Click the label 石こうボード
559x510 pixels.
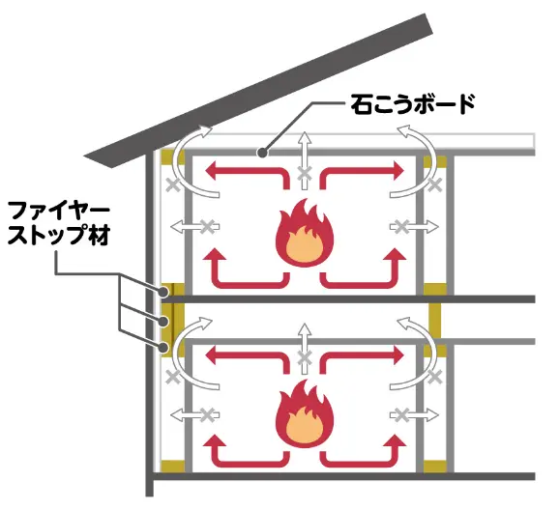pyautogui.click(x=412, y=104)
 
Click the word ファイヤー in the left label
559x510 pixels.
pyautogui.click(x=59, y=211)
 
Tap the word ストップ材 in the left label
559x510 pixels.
pyautogui.click(x=59, y=235)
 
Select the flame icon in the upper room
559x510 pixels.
pyautogui.click(x=304, y=233)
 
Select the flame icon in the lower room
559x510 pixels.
pyautogui.click(x=304, y=413)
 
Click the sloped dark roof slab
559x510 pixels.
pyautogui.click(x=258, y=91)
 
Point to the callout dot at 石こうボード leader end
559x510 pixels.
pyautogui.click(x=262, y=154)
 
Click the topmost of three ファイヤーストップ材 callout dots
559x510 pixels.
pyautogui.click(x=163, y=293)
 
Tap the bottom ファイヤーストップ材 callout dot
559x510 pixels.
pyautogui.click(x=163, y=347)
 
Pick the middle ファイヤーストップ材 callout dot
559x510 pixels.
pyautogui.click(x=163, y=322)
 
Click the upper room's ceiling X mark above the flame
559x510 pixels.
pyautogui.click(x=304, y=174)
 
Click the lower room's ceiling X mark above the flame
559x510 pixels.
pyautogui.click(x=304, y=358)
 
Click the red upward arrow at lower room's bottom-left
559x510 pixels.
pyautogui.click(x=247, y=449)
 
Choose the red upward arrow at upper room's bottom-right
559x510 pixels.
pyautogui.click(x=363, y=269)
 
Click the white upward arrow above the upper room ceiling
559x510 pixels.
pyautogui.click(x=304, y=160)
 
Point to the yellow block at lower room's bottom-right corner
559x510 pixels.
pyautogui.click(x=435, y=467)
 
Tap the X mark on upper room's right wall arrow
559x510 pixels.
pyautogui.click(x=401, y=227)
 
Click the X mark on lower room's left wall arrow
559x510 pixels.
pyautogui.click(x=207, y=415)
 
